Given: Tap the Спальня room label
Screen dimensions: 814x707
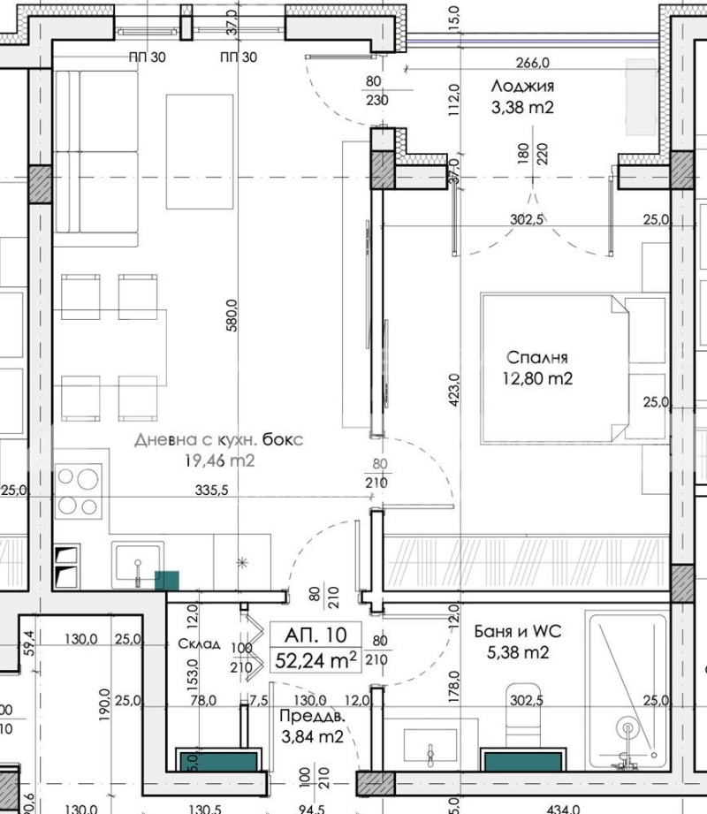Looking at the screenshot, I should click(536, 358).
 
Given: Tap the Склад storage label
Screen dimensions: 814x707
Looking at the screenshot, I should click(198, 643).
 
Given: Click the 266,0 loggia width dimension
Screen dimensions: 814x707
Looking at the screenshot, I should click(533, 63).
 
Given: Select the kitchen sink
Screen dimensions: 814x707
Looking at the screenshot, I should click(138, 565).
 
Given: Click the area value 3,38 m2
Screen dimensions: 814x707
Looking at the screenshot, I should click(521, 109).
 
